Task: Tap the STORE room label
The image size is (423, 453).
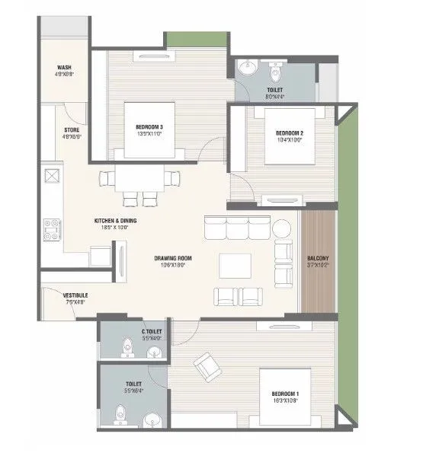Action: tap(72, 130)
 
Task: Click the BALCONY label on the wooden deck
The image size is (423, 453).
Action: tap(319, 258)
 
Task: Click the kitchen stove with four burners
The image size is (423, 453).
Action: tap(53, 227)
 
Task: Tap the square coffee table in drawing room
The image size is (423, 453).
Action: tap(233, 266)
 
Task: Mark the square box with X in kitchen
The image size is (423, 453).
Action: tap(53, 177)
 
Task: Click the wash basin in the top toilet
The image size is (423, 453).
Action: tap(246, 70)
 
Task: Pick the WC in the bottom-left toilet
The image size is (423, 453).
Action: tap(120, 414)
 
